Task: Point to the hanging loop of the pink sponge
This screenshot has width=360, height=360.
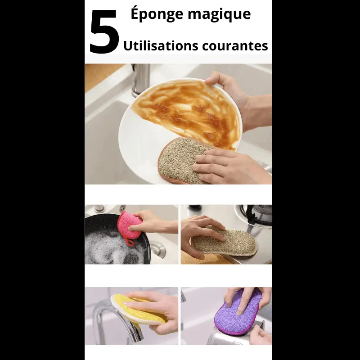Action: (x=130, y=243)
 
